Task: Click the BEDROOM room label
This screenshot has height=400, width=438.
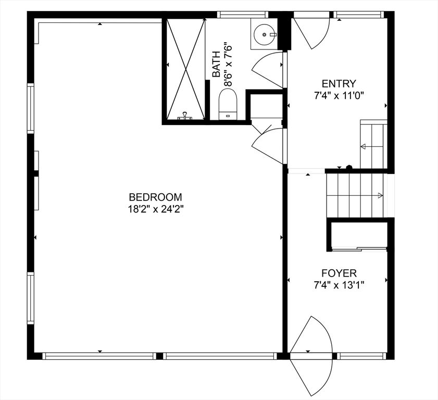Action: (x=155, y=197)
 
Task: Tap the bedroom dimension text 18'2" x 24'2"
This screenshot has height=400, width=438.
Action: (x=155, y=209)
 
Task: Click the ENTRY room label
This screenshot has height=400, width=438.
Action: (x=339, y=83)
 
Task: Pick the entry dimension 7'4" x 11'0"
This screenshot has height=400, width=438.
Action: (x=339, y=95)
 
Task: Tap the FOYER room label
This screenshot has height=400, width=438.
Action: (x=339, y=273)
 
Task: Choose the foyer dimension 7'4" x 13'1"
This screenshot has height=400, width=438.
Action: (x=339, y=285)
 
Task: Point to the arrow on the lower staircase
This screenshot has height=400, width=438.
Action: (x=381, y=196)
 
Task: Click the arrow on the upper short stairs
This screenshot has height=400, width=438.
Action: (x=363, y=147)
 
